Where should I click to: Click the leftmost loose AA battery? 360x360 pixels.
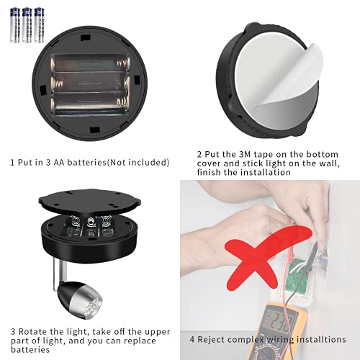(15, 25)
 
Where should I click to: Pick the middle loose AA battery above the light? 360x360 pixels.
(27, 25)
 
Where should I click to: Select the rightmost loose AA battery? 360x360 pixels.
(38, 25)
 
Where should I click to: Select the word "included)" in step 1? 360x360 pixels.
(148, 162)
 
